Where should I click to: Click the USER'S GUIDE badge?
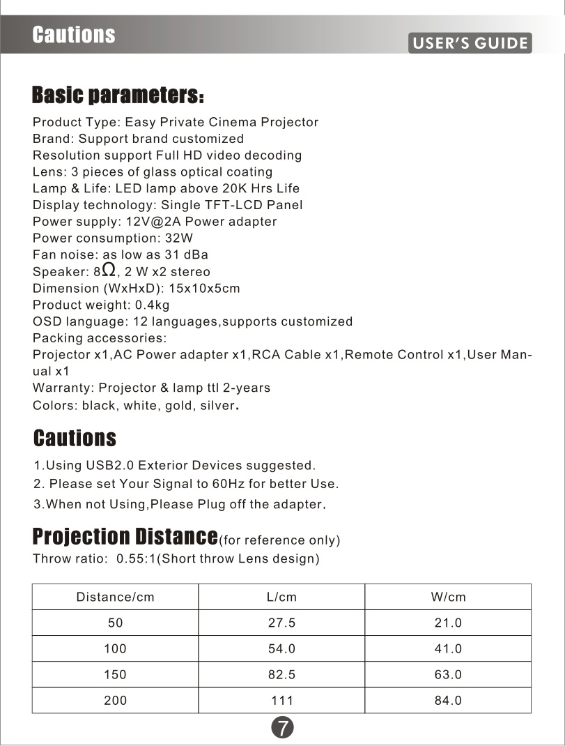point(470,43)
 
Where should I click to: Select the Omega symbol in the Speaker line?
point(108,270)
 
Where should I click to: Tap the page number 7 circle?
point(282,727)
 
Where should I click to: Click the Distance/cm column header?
point(115,597)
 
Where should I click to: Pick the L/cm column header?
point(281,597)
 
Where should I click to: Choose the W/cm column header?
point(448,597)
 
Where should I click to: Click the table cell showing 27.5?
point(281,623)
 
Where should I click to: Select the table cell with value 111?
point(281,700)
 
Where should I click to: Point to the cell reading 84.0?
point(448,700)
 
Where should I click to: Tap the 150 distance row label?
point(115,674)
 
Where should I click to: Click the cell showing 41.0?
point(448,648)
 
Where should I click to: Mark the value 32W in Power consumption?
point(179,238)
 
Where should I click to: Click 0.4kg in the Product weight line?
point(151,305)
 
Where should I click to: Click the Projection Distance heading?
point(125,536)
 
